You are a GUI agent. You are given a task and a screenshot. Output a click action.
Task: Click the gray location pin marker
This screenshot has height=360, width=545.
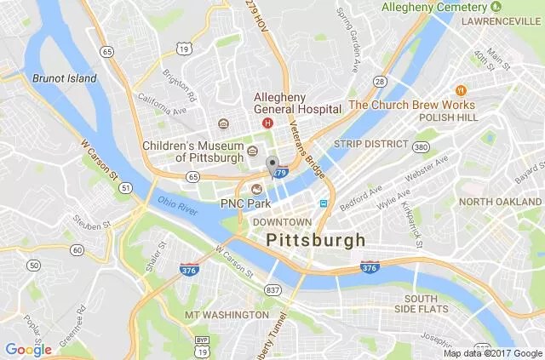272,165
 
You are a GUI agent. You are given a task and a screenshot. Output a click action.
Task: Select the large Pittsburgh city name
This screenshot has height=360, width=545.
316,240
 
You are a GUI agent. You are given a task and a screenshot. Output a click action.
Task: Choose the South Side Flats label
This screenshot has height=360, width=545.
422,305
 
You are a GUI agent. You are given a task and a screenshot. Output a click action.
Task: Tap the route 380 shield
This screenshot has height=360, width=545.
421,147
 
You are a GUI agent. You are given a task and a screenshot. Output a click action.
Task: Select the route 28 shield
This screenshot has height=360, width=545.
379,81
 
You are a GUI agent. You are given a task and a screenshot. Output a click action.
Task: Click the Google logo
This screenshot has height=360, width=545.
28,349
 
